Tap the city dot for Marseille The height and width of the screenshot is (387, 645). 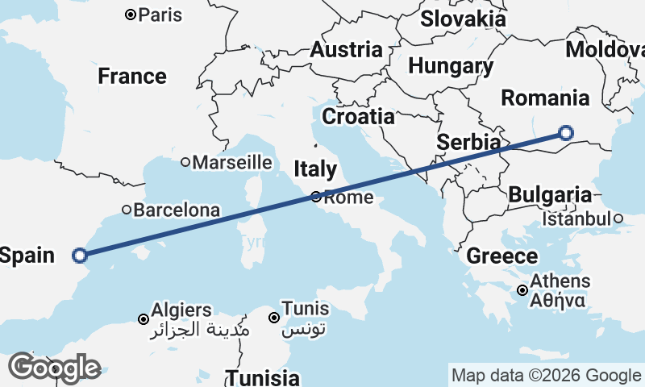185,162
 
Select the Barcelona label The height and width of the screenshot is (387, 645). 177,210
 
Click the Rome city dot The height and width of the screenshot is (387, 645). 317,197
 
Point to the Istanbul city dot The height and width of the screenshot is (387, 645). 618,218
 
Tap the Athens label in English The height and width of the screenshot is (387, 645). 560,282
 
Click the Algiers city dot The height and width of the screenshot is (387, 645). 144,319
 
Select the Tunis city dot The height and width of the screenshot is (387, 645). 275,318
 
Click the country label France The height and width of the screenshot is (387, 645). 132,77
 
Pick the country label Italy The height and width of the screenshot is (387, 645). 314,169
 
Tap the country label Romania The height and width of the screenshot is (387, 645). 545,98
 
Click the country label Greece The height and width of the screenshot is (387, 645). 502,257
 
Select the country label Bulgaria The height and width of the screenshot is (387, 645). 550,194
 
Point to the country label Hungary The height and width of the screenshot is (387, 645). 451,66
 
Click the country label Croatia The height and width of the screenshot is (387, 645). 359,116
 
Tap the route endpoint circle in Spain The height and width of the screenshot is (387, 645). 79,256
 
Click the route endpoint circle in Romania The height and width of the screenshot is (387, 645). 566,133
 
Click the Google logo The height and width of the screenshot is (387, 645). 54,368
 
